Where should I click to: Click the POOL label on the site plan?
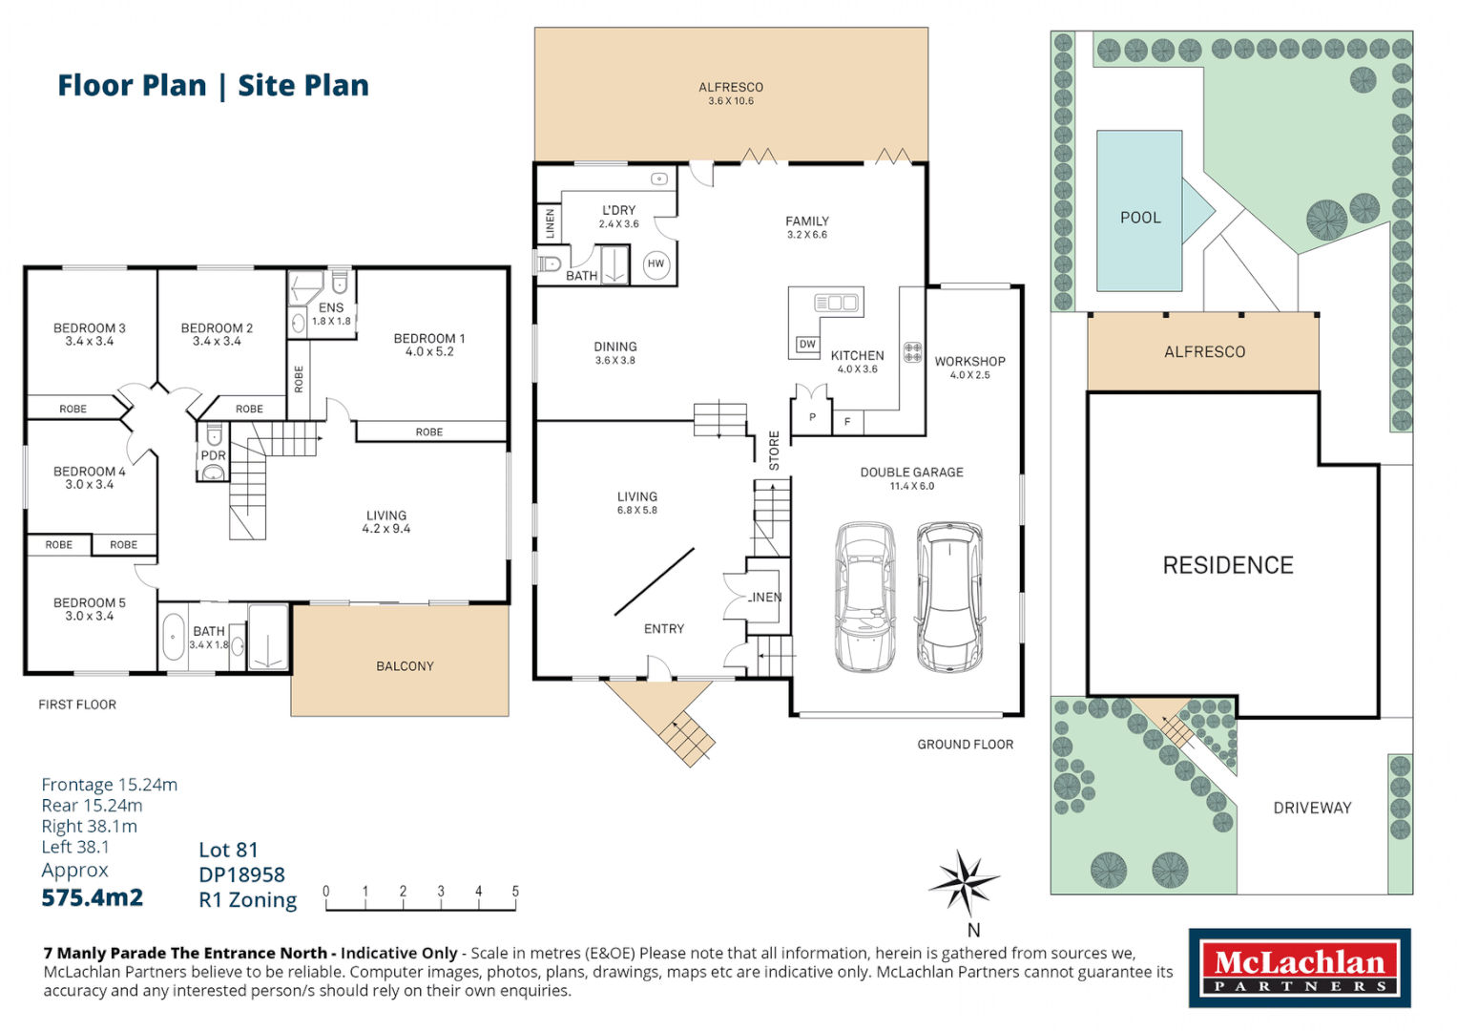coord(1140,218)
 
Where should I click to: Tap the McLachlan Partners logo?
coord(1299,968)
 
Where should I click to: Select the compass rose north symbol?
coord(965,882)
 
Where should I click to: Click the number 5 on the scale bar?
coord(515,892)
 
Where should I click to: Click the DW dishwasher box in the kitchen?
coord(807,345)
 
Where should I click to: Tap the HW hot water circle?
coord(656,264)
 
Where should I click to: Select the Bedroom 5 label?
coord(90,603)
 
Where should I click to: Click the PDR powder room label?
coord(213,455)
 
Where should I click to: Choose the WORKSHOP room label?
coord(969,362)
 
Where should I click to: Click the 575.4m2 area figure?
coord(93,897)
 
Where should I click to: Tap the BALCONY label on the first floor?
coord(405,666)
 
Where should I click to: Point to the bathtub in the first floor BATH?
coord(174,637)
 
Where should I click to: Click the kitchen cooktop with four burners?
coord(912,352)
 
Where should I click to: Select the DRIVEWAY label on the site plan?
coord(1312,808)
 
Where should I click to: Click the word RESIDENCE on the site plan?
coord(1228,565)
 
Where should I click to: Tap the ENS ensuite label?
coord(331,307)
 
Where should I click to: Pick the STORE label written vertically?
coord(774,451)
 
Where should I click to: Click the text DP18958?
coord(241,874)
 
